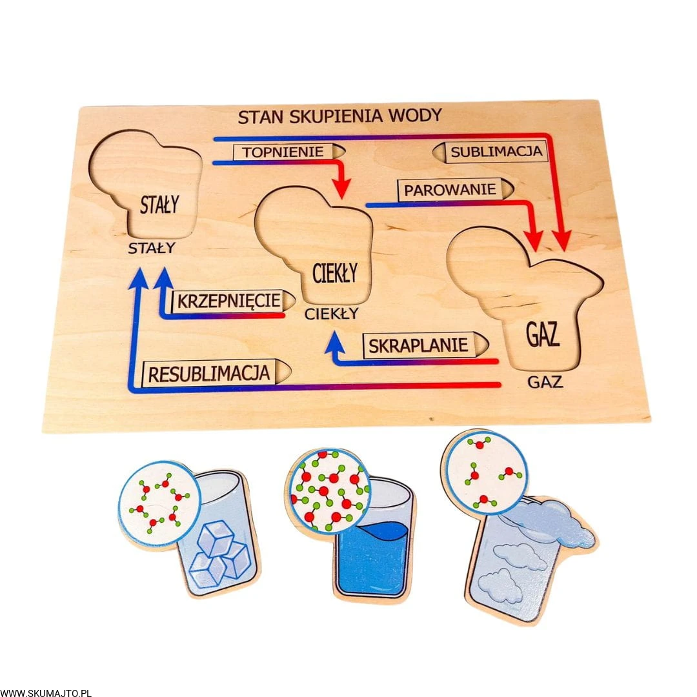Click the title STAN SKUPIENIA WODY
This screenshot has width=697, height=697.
click(339, 116)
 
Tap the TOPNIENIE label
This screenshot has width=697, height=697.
click(283, 152)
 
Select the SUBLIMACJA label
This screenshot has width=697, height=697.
click(496, 152)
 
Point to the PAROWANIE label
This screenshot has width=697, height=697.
click(450, 190)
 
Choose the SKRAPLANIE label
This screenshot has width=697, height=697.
click(418, 345)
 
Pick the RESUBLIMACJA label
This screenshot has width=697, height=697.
click(209, 373)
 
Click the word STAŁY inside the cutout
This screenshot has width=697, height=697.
click(159, 206)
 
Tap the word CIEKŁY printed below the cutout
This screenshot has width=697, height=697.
click(331, 314)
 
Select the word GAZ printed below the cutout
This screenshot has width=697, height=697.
click(545, 382)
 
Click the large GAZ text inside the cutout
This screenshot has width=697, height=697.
click(542, 336)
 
